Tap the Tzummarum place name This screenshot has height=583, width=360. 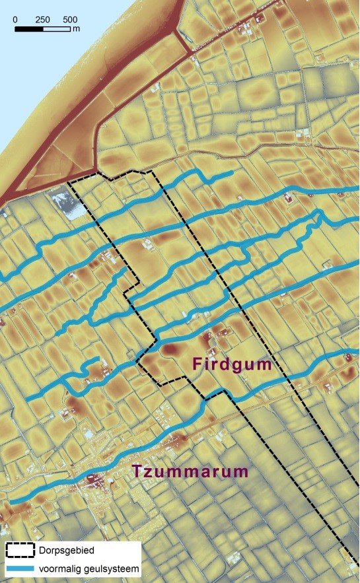(x=190, y=471)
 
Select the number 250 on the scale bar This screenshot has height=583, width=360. (x=42, y=19)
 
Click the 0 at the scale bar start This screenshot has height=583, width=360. (x=15, y=19)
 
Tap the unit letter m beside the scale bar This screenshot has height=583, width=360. (x=77, y=29)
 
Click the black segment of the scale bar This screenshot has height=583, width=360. (x=28, y=29)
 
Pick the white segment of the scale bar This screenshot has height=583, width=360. (x=57, y=29)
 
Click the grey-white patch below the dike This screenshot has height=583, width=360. (x=68, y=202)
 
